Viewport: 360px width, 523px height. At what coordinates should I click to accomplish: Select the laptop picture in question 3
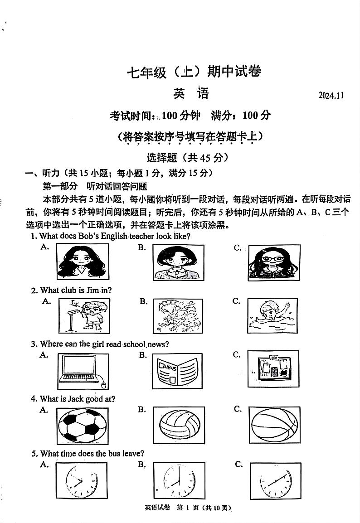pyautogui.click(x=83, y=371)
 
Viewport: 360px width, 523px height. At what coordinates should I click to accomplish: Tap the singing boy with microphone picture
pyautogui.click(x=84, y=316)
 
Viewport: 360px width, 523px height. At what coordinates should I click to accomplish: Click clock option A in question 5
pyautogui.click(x=82, y=481)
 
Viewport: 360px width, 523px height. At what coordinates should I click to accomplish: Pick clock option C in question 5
pyautogui.click(x=275, y=481)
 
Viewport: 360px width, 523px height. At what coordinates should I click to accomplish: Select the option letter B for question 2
pyautogui.click(x=143, y=301)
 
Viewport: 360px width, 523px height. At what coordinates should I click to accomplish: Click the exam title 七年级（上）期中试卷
pyautogui.click(x=194, y=72)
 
